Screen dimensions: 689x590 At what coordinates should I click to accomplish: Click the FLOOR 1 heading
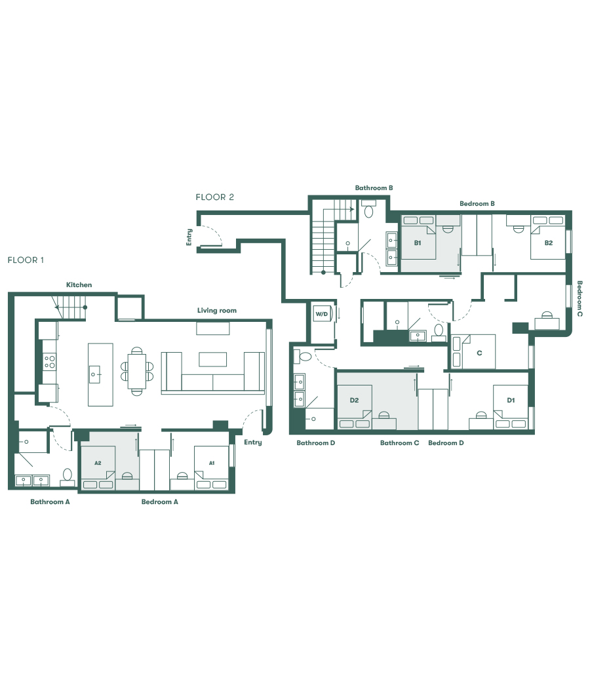(x=26, y=260)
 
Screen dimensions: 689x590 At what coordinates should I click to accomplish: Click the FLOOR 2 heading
(x=214, y=197)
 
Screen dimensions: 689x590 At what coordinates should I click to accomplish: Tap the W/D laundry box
(x=321, y=314)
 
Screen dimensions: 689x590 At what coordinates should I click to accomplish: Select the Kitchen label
(x=79, y=285)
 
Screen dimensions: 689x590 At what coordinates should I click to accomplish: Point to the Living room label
(x=216, y=310)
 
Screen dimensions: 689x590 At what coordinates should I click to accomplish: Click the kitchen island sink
(x=94, y=375)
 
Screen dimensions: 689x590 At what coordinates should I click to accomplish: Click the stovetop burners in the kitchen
(x=50, y=361)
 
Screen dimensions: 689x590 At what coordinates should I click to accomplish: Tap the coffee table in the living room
(x=213, y=359)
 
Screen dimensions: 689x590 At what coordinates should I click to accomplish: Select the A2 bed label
(x=98, y=463)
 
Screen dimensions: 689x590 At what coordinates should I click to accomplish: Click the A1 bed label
(x=212, y=463)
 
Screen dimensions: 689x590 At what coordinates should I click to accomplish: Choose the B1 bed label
(x=417, y=243)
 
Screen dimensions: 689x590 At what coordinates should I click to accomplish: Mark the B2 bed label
(x=548, y=243)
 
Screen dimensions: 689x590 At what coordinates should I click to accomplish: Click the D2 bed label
(x=354, y=399)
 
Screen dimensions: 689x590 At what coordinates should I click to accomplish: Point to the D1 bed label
(x=511, y=399)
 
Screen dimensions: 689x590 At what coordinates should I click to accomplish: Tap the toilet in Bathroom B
(x=368, y=211)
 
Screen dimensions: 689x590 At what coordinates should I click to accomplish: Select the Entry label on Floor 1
(x=252, y=443)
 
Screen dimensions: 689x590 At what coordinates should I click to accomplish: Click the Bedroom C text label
(x=580, y=299)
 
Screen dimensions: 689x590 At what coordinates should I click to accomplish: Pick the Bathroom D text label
(x=316, y=443)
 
